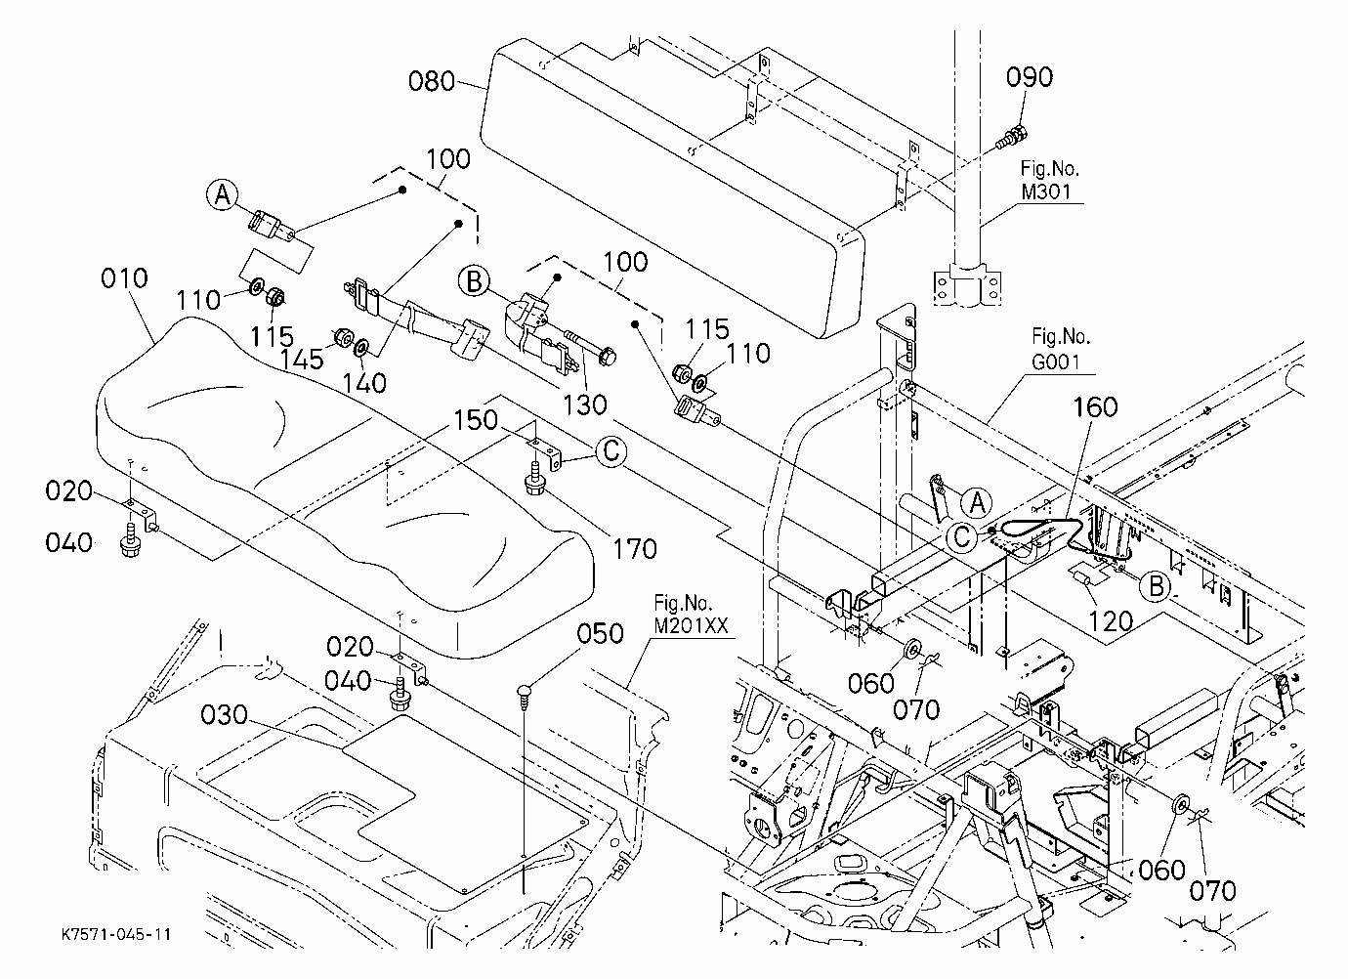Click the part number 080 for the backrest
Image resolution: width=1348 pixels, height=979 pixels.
point(432,81)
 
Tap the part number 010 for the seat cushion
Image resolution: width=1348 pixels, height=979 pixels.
point(124,278)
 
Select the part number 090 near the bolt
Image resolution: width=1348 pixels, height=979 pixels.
point(1030,77)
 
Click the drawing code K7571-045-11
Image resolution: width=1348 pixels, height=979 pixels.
point(116,934)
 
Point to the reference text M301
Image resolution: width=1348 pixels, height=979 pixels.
point(1046,192)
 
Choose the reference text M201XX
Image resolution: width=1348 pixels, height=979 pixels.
point(691,625)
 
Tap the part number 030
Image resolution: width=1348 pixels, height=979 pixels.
point(224,714)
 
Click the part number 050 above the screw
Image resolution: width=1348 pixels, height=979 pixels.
point(600,633)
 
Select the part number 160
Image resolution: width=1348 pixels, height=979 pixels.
point(1096,407)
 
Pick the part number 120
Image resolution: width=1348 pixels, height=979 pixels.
point(1111,620)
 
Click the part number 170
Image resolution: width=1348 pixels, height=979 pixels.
point(635,548)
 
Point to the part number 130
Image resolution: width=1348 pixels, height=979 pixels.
point(584,404)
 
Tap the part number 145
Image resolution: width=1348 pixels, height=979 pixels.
point(302,361)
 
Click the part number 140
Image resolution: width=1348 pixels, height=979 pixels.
point(364,383)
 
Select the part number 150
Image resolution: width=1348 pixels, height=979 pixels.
point(476,420)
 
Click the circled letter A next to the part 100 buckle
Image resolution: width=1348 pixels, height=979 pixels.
point(223,194)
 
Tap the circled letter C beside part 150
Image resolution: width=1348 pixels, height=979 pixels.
point(611,451)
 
